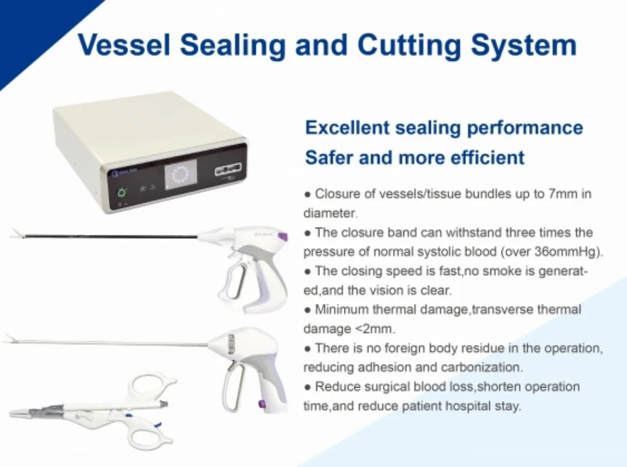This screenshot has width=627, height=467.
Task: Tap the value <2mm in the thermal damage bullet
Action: click(374, 329)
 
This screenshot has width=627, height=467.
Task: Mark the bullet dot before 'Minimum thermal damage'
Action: click(307, 310)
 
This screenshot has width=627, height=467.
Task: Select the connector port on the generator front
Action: click(228, 172)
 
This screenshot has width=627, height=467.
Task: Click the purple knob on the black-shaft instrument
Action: click(282, 236)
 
